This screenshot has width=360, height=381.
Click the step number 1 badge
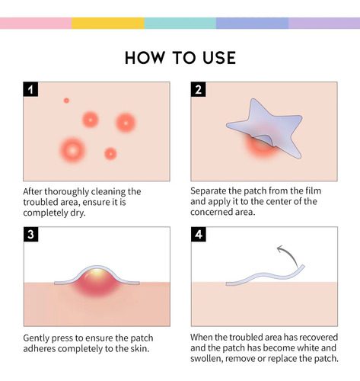tap(30, 89)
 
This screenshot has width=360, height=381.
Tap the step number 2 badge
tap(198, 89)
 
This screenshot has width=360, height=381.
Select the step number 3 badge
tap(30, 234)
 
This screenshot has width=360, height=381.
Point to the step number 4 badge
tap(199, 234)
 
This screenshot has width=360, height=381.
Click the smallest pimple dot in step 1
tap(66, 101)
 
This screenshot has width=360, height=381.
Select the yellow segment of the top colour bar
tap(108, 23)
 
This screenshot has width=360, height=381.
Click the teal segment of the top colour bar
tap(180, 23)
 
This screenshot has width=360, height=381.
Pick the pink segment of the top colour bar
tap(36, 23)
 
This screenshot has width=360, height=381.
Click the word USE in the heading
tap(219, 58)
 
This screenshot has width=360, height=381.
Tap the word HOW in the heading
tap(145, 58)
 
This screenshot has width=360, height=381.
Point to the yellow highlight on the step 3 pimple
tap(97, 273)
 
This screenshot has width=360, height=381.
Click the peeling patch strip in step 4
tap(264, 276)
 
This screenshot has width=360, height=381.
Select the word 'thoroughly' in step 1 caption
tap(67, 192)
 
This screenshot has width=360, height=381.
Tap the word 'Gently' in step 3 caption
tap(36, 338)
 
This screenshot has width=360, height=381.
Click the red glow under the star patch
tap(261, 146)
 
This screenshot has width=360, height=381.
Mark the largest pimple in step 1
tap(72, 150)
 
